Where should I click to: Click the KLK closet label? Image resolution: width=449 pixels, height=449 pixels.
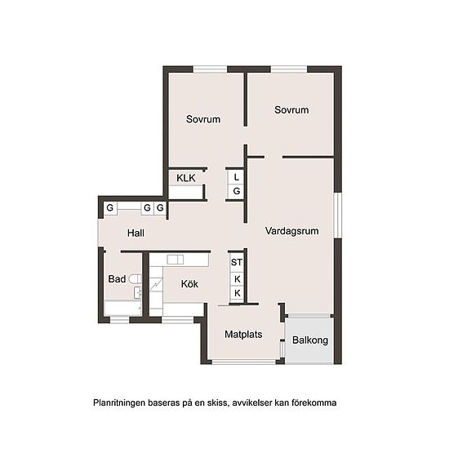click(x=186, y=177)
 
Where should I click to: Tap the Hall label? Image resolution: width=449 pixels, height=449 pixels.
click(x=136, y=233)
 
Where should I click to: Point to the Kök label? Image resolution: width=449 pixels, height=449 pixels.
click(x=189, y=284)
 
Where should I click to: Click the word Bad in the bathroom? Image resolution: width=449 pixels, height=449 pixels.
click(x=117, y=279)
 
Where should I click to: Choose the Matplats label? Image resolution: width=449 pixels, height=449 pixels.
click(x=243, y=334)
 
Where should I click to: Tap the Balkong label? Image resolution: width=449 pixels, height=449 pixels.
click(x=310, y=340)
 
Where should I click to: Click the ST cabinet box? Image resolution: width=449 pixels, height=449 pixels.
click(x=237, y=263)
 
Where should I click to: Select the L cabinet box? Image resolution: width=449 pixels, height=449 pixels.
click(x=236, y=176)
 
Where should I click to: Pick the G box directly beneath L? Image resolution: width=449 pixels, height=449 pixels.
click(x=236, y=191)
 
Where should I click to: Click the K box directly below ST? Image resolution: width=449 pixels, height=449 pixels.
click(x=237, y=278)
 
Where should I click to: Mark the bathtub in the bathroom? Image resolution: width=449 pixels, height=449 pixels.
click(x=122, y=308)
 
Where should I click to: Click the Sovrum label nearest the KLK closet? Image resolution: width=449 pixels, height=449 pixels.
click(x=203, y=119)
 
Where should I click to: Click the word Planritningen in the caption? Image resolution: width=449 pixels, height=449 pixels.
click(x=120, y=402)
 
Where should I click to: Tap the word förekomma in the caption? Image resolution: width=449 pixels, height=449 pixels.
click(x=313, y=402)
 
